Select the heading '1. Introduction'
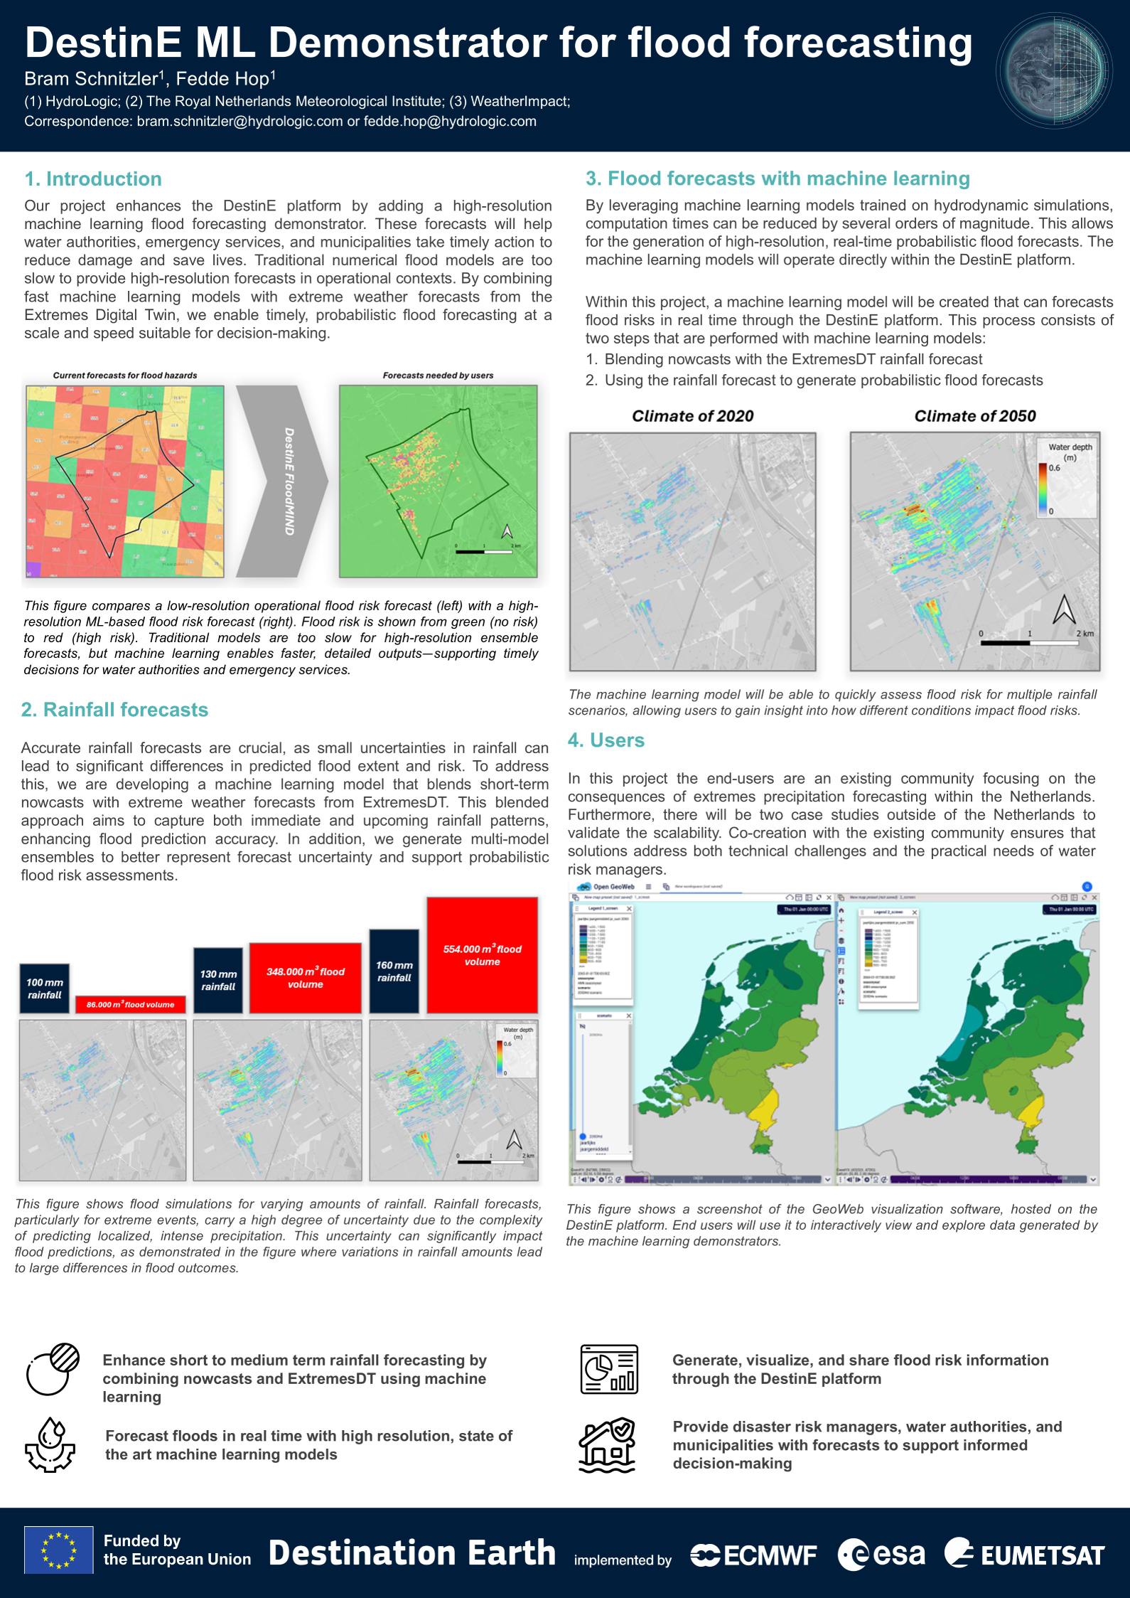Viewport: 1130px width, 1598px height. click(93, 179)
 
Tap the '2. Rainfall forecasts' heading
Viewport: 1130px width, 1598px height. click(114, 710)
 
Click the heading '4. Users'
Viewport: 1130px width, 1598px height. click(606, 740)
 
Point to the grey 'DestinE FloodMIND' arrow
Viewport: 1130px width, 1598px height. click(282, 481)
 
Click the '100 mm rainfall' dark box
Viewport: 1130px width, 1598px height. click(45, 989)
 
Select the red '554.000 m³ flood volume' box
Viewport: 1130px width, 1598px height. click(482, 954)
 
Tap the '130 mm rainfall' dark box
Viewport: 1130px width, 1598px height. click(217, 980)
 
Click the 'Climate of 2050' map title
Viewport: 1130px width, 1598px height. click(974, 416)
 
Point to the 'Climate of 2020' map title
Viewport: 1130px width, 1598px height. click(692, 416)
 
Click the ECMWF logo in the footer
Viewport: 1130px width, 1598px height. click(753, 1555)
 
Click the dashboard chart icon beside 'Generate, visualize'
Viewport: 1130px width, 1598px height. click(609, 1369)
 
